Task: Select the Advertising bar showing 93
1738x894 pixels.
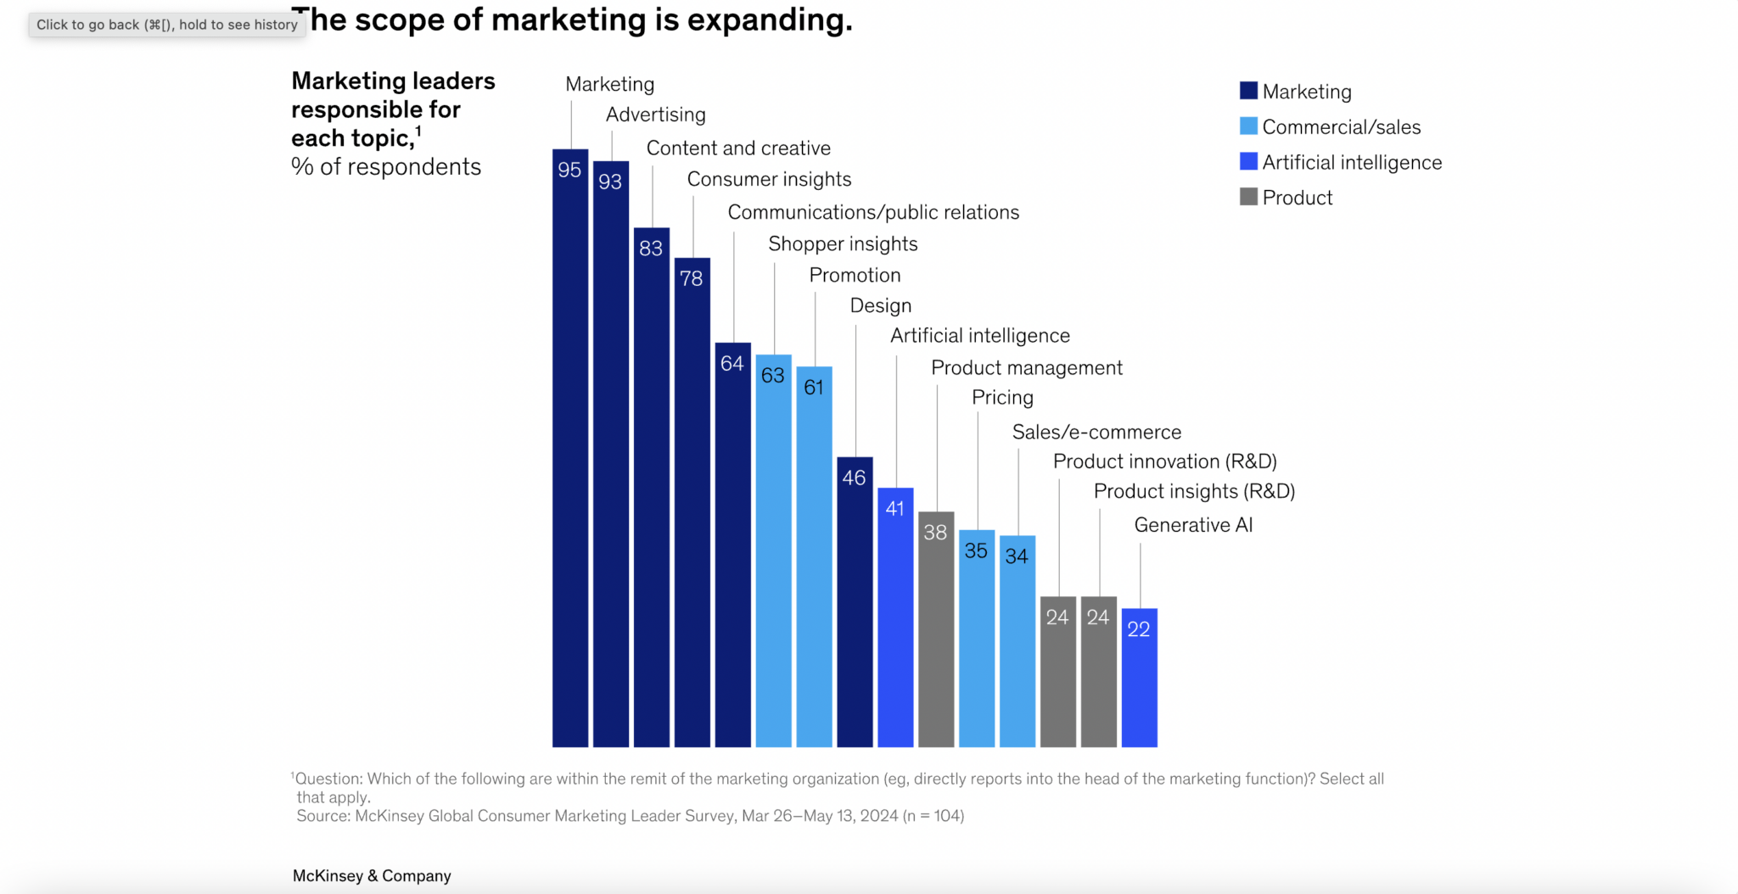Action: pos(611,454)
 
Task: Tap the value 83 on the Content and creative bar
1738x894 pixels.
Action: pos(651,249)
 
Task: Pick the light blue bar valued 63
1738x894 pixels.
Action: pos(773,551)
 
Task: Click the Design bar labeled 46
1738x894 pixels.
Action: pos(855,602)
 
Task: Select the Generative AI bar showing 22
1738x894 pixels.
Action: pos(1139,678)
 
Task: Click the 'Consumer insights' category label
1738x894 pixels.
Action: pos(769,180)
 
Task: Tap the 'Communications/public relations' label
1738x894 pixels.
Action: pos(873,213)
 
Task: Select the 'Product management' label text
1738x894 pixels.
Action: pos(1026,368)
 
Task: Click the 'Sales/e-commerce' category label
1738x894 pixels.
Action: pos(1096,433)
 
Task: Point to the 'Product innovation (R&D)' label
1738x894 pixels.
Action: pos(1164,462)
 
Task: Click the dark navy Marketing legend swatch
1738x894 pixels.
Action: pos(1248,91)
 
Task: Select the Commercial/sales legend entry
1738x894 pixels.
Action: pos(1341,127)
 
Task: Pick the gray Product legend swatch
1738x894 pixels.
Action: pos(1248,197)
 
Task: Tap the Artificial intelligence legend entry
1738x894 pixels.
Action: pos(1351,163)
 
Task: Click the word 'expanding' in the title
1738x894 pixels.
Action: pos(769,20)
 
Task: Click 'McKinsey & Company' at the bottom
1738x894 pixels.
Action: pos(372,876)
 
